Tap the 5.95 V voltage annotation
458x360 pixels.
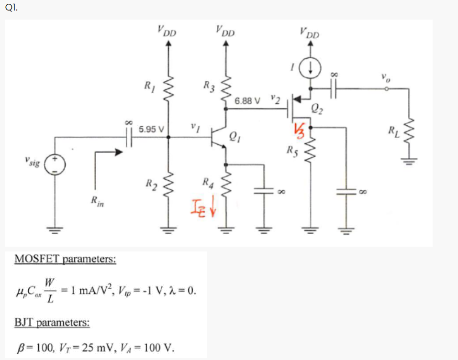coord(151,129)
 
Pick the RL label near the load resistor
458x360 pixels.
coord(393,130)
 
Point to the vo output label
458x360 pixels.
coord(386,77)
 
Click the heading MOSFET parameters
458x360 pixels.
coord(65,259)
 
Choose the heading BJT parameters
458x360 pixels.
coord(52,322)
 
